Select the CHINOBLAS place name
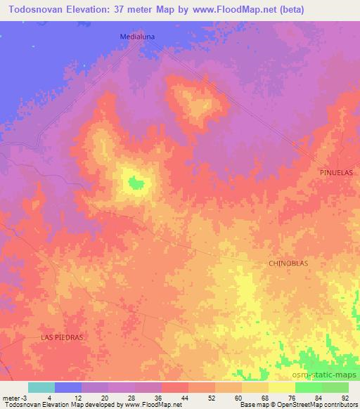[x=288, y=263]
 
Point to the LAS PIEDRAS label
[x=61, y=337]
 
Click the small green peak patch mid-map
[x=136, y=183]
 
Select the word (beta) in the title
[x=340, y=10]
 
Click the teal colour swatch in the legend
[x=41, y=387]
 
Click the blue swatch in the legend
[x=68, y=387]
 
